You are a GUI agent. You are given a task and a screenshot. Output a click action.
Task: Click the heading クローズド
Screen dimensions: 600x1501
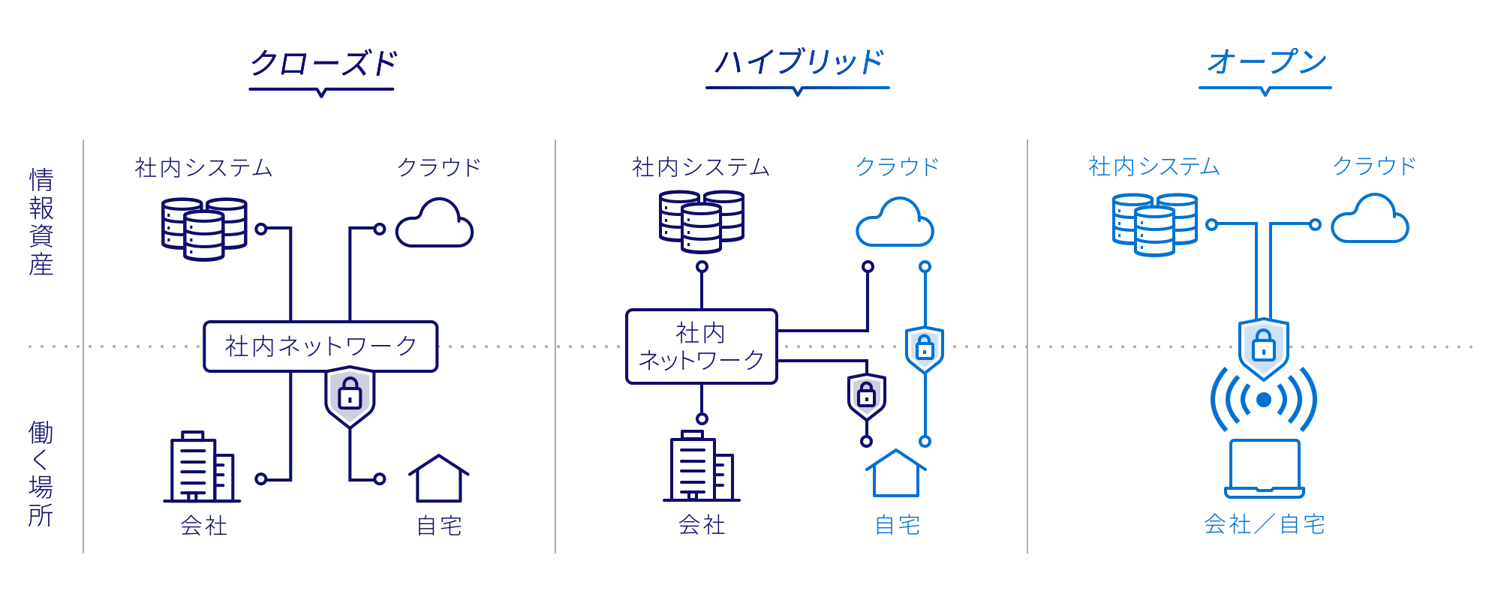pyautogui.click(x=323, y=63)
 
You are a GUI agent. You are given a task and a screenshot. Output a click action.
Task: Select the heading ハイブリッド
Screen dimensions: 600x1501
pyautogui.click(x=799, y=61)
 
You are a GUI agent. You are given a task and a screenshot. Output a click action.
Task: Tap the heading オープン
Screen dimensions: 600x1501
pyautogui.click(x=1266, y=61)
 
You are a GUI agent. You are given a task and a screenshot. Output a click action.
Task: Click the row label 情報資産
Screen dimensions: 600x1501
pyautogui.click(x=41, y=222)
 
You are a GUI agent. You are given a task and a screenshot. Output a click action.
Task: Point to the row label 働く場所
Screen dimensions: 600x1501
pyautogui.click(x=41, y=474)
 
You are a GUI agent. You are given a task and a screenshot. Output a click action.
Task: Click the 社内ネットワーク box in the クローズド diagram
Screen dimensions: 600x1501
pyautogui.click(x=320, y=346)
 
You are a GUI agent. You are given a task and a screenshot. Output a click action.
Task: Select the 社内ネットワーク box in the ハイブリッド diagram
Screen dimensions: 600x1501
pyautogui.click(x=702, y=346)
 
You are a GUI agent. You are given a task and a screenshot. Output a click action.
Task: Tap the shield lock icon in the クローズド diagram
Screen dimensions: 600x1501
pyautogui.click(x=350, y=395)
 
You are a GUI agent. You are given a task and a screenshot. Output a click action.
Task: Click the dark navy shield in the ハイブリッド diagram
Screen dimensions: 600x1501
pyautogui.click(x=867, y=396)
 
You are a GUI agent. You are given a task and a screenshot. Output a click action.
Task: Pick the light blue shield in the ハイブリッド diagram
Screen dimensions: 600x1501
pyautogui.click(x=925, y=349)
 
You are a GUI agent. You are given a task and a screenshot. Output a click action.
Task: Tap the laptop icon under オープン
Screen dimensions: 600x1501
pyautogui.click(x=1265, y=469)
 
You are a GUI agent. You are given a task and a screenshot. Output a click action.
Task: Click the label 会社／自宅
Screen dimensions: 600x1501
pyautogui.click(x=1265, y=523)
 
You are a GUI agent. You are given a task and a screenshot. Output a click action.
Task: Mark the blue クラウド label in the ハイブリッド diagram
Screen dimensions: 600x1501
pyautogui.click(x=897, y=166)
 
